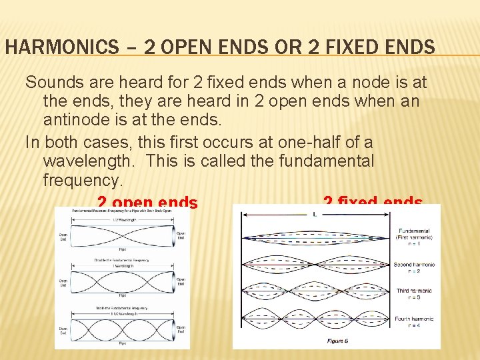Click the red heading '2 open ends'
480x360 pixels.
(x=147, y=203)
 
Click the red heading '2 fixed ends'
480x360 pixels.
(x=373, y=203)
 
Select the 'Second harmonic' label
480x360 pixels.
(x=413, y=265)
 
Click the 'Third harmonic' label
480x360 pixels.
(x=413, y=291)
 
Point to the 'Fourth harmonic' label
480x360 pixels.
(x=413, y=319)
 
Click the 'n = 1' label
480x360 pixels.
(x=413, y=245)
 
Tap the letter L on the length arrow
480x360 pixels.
(x=314, y=214)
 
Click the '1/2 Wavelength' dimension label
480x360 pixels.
(x=123, y=220)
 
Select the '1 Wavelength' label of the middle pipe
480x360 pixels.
(x=123, y=265)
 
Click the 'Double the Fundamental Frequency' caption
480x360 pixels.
(x=123, y=259)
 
